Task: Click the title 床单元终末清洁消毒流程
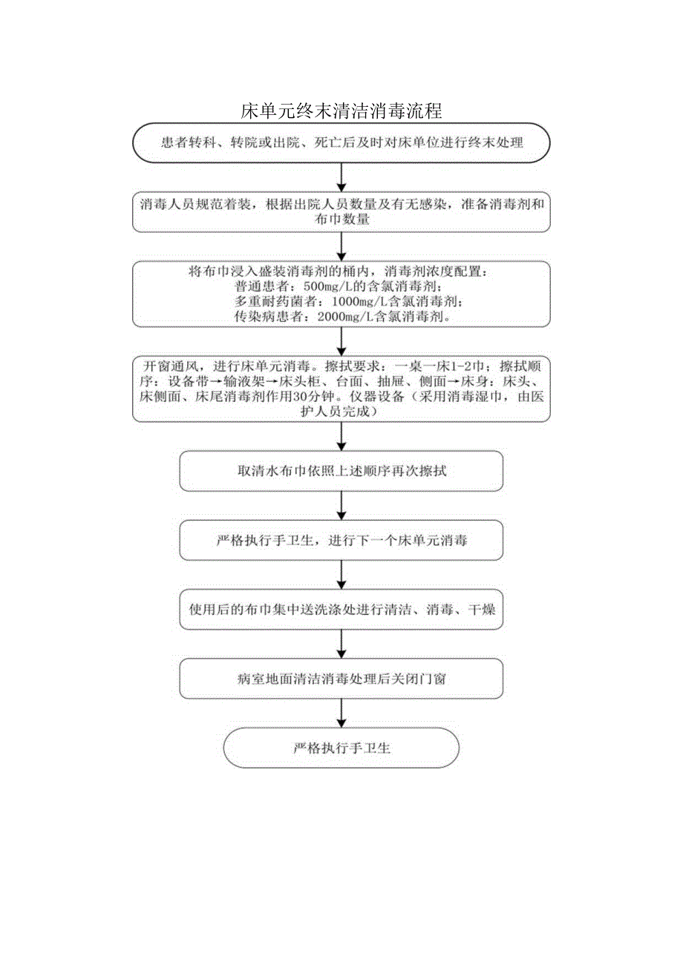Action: tap(341, 111)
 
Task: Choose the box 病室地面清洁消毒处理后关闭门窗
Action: tap(341, 679)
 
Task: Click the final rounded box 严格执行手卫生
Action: tap(341, 748)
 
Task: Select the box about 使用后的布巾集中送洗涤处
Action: tap(341, 610)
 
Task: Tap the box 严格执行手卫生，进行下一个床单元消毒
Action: tap(341, 541)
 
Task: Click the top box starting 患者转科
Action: tap(341, 142)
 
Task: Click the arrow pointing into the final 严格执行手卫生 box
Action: tap(341, 713)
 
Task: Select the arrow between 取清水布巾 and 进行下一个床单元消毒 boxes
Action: tap(341, 506)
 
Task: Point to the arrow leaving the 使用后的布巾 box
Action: tap(341, 644)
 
